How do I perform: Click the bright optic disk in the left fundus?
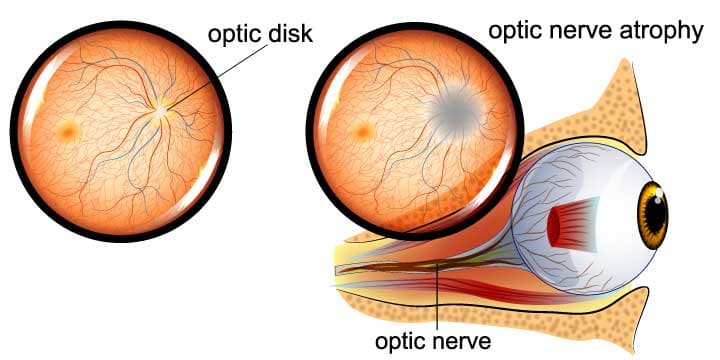(161, 113)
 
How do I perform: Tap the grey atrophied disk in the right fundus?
(455, 113)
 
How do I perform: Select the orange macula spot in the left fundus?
(68, 129)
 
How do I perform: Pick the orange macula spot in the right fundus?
(363, 130)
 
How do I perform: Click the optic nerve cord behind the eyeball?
(420, 268)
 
